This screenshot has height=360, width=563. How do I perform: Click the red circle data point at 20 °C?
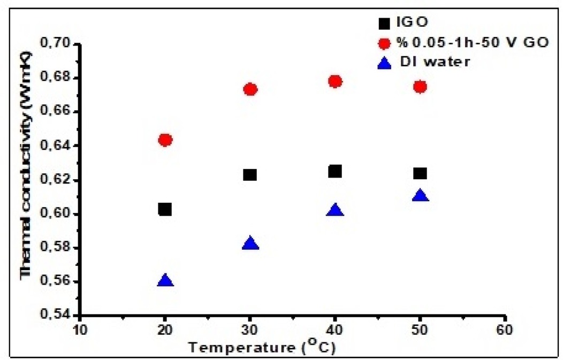point(165,140)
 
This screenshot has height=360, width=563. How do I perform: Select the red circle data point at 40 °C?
point(335,81)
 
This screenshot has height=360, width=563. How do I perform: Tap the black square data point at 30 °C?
point(250,175)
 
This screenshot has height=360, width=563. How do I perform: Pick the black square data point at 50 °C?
point(420,173)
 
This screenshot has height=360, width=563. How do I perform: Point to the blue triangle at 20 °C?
point(165,281)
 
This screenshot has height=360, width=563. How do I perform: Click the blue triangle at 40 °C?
point(335,210)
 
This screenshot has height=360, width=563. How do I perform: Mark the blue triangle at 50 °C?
point(420,196)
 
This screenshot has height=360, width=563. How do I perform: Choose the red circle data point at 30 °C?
point(250,89)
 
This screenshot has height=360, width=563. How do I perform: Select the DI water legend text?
point(436,62)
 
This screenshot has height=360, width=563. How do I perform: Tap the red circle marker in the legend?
point(383,42)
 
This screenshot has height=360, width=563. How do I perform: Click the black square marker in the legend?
point(383,24)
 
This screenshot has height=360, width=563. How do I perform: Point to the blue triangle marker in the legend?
point(383,62)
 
